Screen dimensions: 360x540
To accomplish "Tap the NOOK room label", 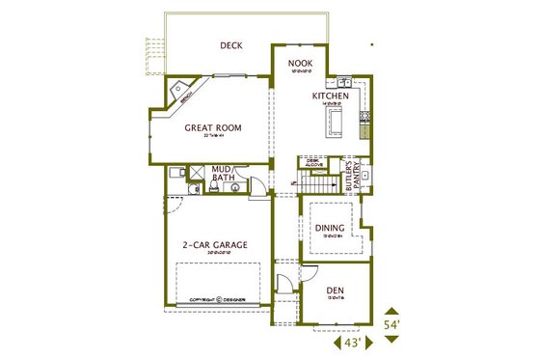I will pos(301,65).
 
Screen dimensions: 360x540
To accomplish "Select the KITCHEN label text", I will pos(329,97).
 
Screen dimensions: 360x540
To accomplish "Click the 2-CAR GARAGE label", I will pos(215,245).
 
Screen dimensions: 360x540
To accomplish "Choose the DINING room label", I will pos(330,228).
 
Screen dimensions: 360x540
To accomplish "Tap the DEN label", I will pos(336,290).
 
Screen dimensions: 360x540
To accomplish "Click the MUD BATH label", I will pos(223,173).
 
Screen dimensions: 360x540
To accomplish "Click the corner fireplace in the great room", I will pos(179,93).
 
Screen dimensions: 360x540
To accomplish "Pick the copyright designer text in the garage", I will pos(217,300).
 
